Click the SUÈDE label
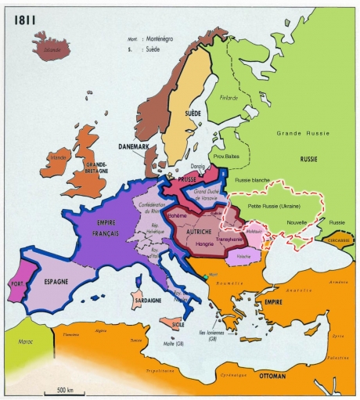click(192, 114)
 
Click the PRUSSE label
click(186, 179)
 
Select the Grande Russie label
click(298, 133)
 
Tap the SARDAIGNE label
click(142, 299)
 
